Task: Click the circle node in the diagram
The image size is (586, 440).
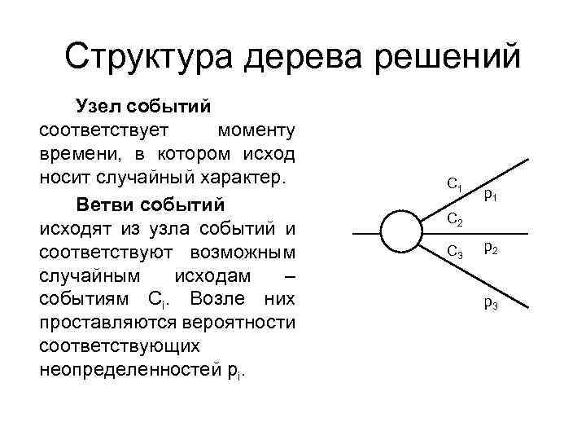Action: (x=405, y=232)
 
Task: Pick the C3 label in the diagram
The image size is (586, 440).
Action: (x=456, y=253)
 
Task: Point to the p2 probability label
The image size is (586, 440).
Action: (x=491, y=249)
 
